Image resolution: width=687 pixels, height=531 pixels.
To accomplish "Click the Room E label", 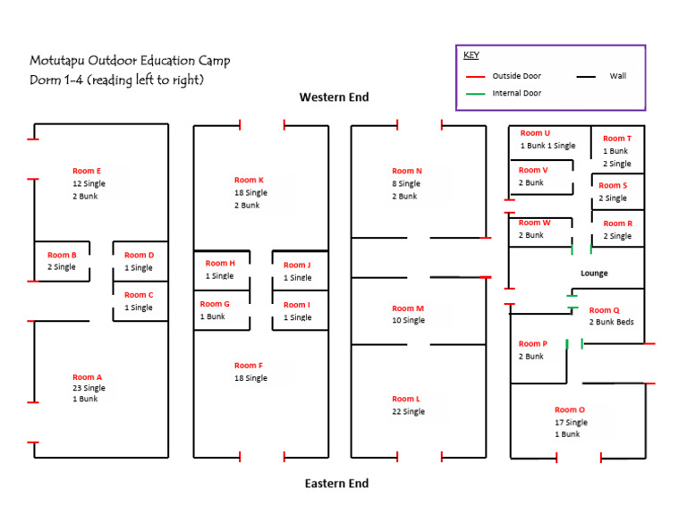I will coord(87,170).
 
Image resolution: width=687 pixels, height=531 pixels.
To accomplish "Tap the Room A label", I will coord(87,377).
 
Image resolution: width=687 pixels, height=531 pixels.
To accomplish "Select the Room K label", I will coord(249,180).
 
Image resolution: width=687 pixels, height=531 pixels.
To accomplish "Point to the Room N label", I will coord(407,171).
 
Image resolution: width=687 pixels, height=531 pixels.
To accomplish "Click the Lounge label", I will coord(594,273).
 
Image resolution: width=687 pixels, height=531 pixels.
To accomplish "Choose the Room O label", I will coord(570,410).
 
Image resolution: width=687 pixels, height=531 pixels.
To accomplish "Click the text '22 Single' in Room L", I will coord(408,412).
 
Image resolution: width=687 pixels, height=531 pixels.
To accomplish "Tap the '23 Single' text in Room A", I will coord(89,388).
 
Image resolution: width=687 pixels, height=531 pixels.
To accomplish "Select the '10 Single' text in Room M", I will coord(408,320).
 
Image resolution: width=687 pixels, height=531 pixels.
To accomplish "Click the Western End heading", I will coord(334,97).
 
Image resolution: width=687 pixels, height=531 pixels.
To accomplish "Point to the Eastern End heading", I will coord(336,484).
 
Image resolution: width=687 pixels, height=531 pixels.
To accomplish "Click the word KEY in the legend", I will coord(471,55).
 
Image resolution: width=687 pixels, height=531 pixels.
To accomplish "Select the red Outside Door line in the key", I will coord(476,77).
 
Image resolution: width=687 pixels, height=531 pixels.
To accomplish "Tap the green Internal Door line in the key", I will coord(476,93).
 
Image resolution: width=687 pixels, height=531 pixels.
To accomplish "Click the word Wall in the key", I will coord(618,76).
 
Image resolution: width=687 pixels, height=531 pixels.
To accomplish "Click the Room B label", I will coord(62,255).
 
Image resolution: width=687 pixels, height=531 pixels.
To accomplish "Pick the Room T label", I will coord(616,139).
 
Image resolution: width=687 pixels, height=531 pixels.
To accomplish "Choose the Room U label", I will coord(535,133).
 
